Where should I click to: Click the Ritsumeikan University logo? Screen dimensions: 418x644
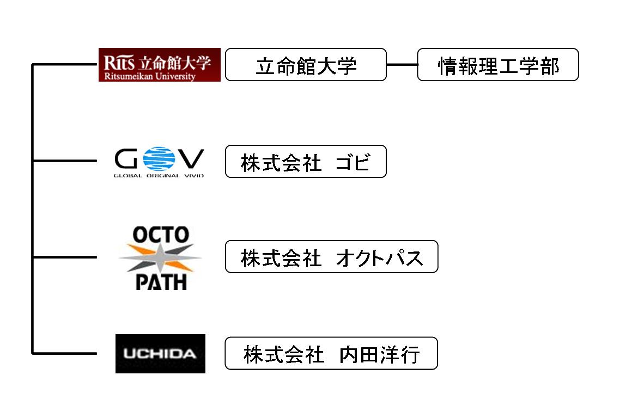(159, 65)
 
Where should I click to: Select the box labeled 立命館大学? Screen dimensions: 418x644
(306, 65)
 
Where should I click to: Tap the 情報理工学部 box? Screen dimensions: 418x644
(497, 65)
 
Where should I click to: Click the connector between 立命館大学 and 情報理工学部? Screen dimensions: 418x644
(402, 65)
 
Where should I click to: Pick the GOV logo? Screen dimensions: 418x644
(159, 162)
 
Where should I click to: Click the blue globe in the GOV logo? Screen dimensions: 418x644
(159, 158)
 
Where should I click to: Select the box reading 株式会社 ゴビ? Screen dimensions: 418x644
(306, 161)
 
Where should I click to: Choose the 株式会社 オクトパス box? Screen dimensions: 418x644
(331, 256)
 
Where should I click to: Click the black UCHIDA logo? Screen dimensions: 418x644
(160, 354)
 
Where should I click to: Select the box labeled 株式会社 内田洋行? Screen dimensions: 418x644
(331, 353)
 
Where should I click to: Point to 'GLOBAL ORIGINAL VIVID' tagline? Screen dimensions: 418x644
(159, 175)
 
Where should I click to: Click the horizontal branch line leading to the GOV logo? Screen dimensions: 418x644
(64, 161)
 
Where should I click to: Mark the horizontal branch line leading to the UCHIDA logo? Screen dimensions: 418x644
(64, 353)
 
